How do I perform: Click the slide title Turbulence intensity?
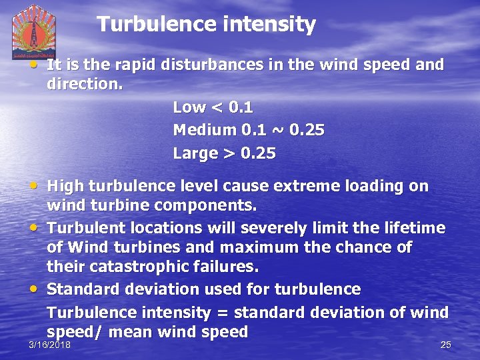(206, 25)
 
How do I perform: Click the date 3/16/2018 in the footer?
(50, 344)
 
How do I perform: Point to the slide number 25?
(446, 344)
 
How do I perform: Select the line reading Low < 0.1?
(213, 107)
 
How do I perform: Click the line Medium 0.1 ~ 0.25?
(249, 130)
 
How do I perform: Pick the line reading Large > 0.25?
(224, 153)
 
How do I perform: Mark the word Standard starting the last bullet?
(81, 289)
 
